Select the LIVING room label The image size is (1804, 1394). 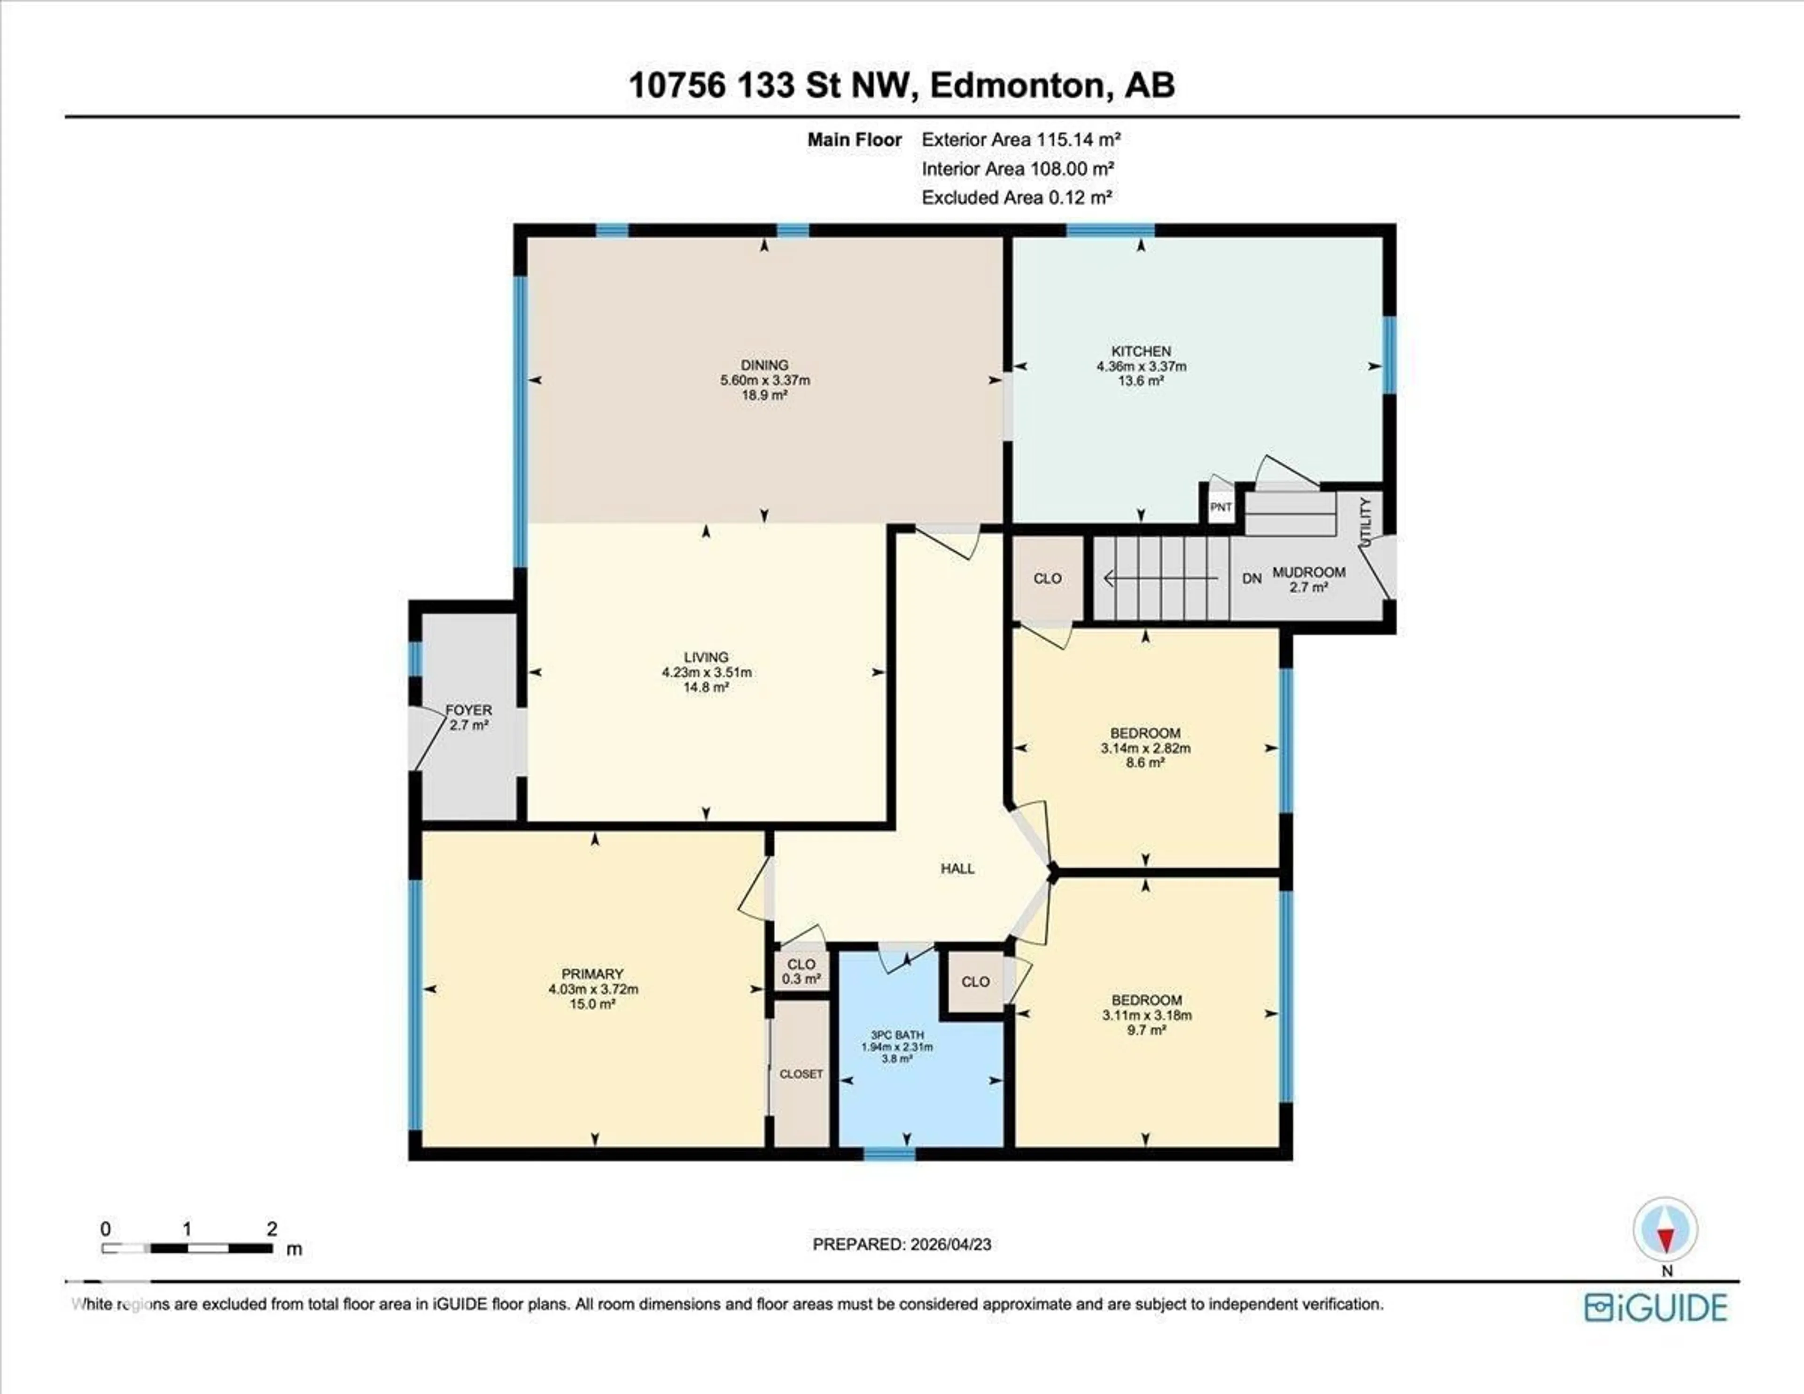706,658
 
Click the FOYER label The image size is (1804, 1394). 468,710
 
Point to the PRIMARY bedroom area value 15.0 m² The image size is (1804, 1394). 592,1004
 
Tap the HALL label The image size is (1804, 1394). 957,869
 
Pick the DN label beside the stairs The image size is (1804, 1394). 1252,579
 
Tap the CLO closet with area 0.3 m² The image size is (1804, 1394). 801,971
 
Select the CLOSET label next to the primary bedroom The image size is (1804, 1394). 801,1074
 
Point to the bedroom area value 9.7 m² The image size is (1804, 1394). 1146,1030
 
